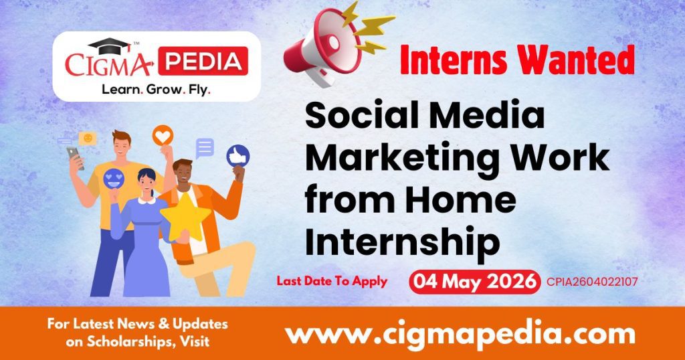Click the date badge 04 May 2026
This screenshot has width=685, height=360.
[474, 282]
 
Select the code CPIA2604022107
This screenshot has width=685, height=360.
[591, 282]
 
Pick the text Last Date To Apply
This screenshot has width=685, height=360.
[332, 281]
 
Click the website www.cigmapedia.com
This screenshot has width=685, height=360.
[460, 333]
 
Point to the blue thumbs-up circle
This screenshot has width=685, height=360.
[237, 155]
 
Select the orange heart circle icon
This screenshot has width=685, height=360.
[163, 135]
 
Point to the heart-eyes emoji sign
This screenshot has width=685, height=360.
[113, 177]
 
